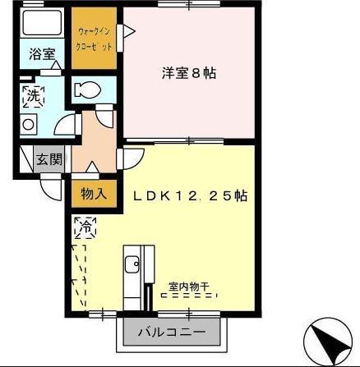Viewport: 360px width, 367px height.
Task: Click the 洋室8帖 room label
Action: tap(188, 73)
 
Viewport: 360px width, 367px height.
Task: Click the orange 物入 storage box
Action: tap(93, 195)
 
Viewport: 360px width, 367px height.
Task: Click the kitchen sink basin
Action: tap(132, 264)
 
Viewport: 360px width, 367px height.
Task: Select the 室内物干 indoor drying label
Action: tap(188, 287)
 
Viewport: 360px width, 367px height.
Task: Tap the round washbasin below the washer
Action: tap(30, 124)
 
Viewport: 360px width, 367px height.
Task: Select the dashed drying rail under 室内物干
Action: tap(188, 297)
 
